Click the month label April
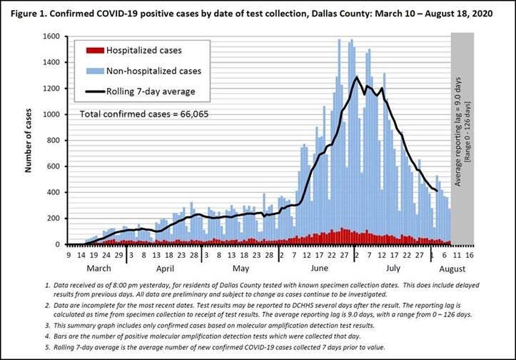pyautogui.click(x=165, y=269)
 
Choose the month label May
pyautogui.click(x=241, y=269)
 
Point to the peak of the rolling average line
pyautogui.click(x=355, y=77)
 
